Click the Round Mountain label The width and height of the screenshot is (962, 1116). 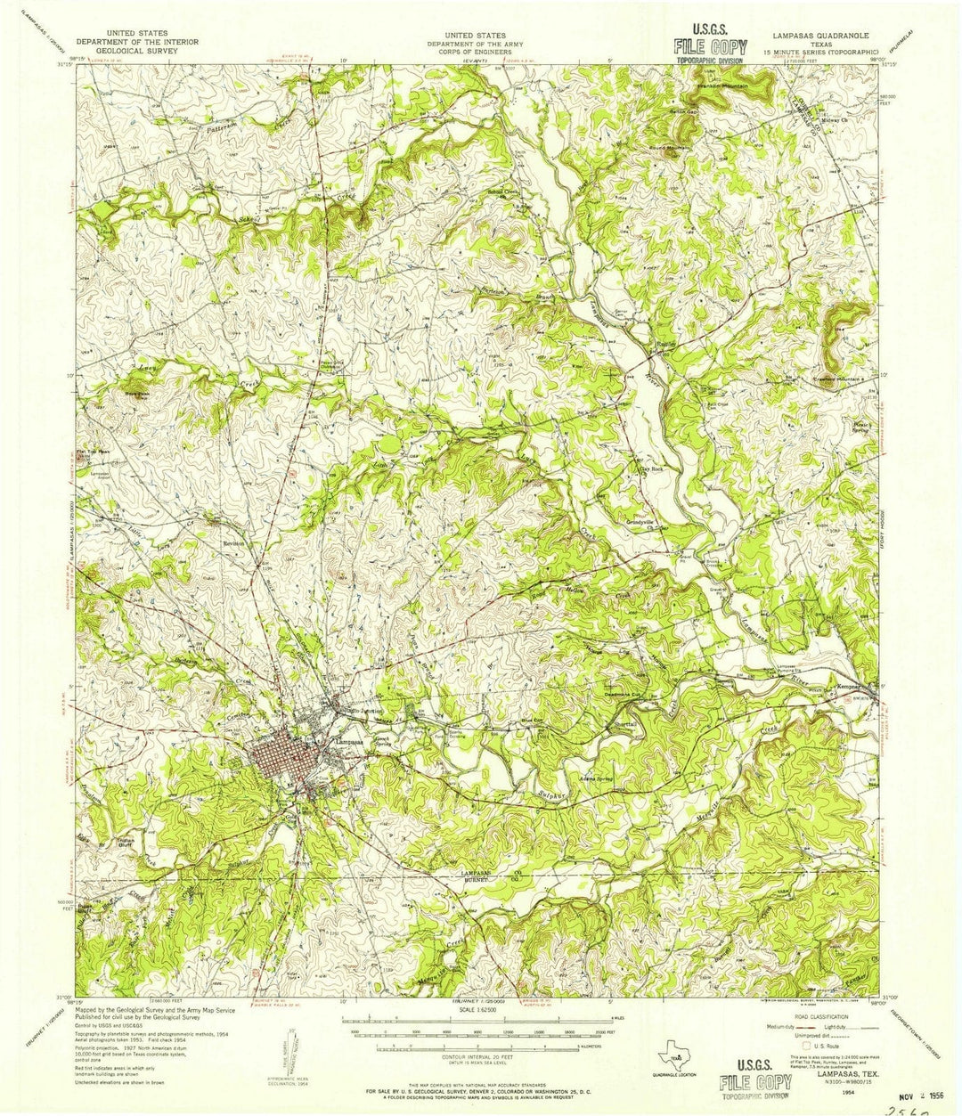click(x=673, y=148)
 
